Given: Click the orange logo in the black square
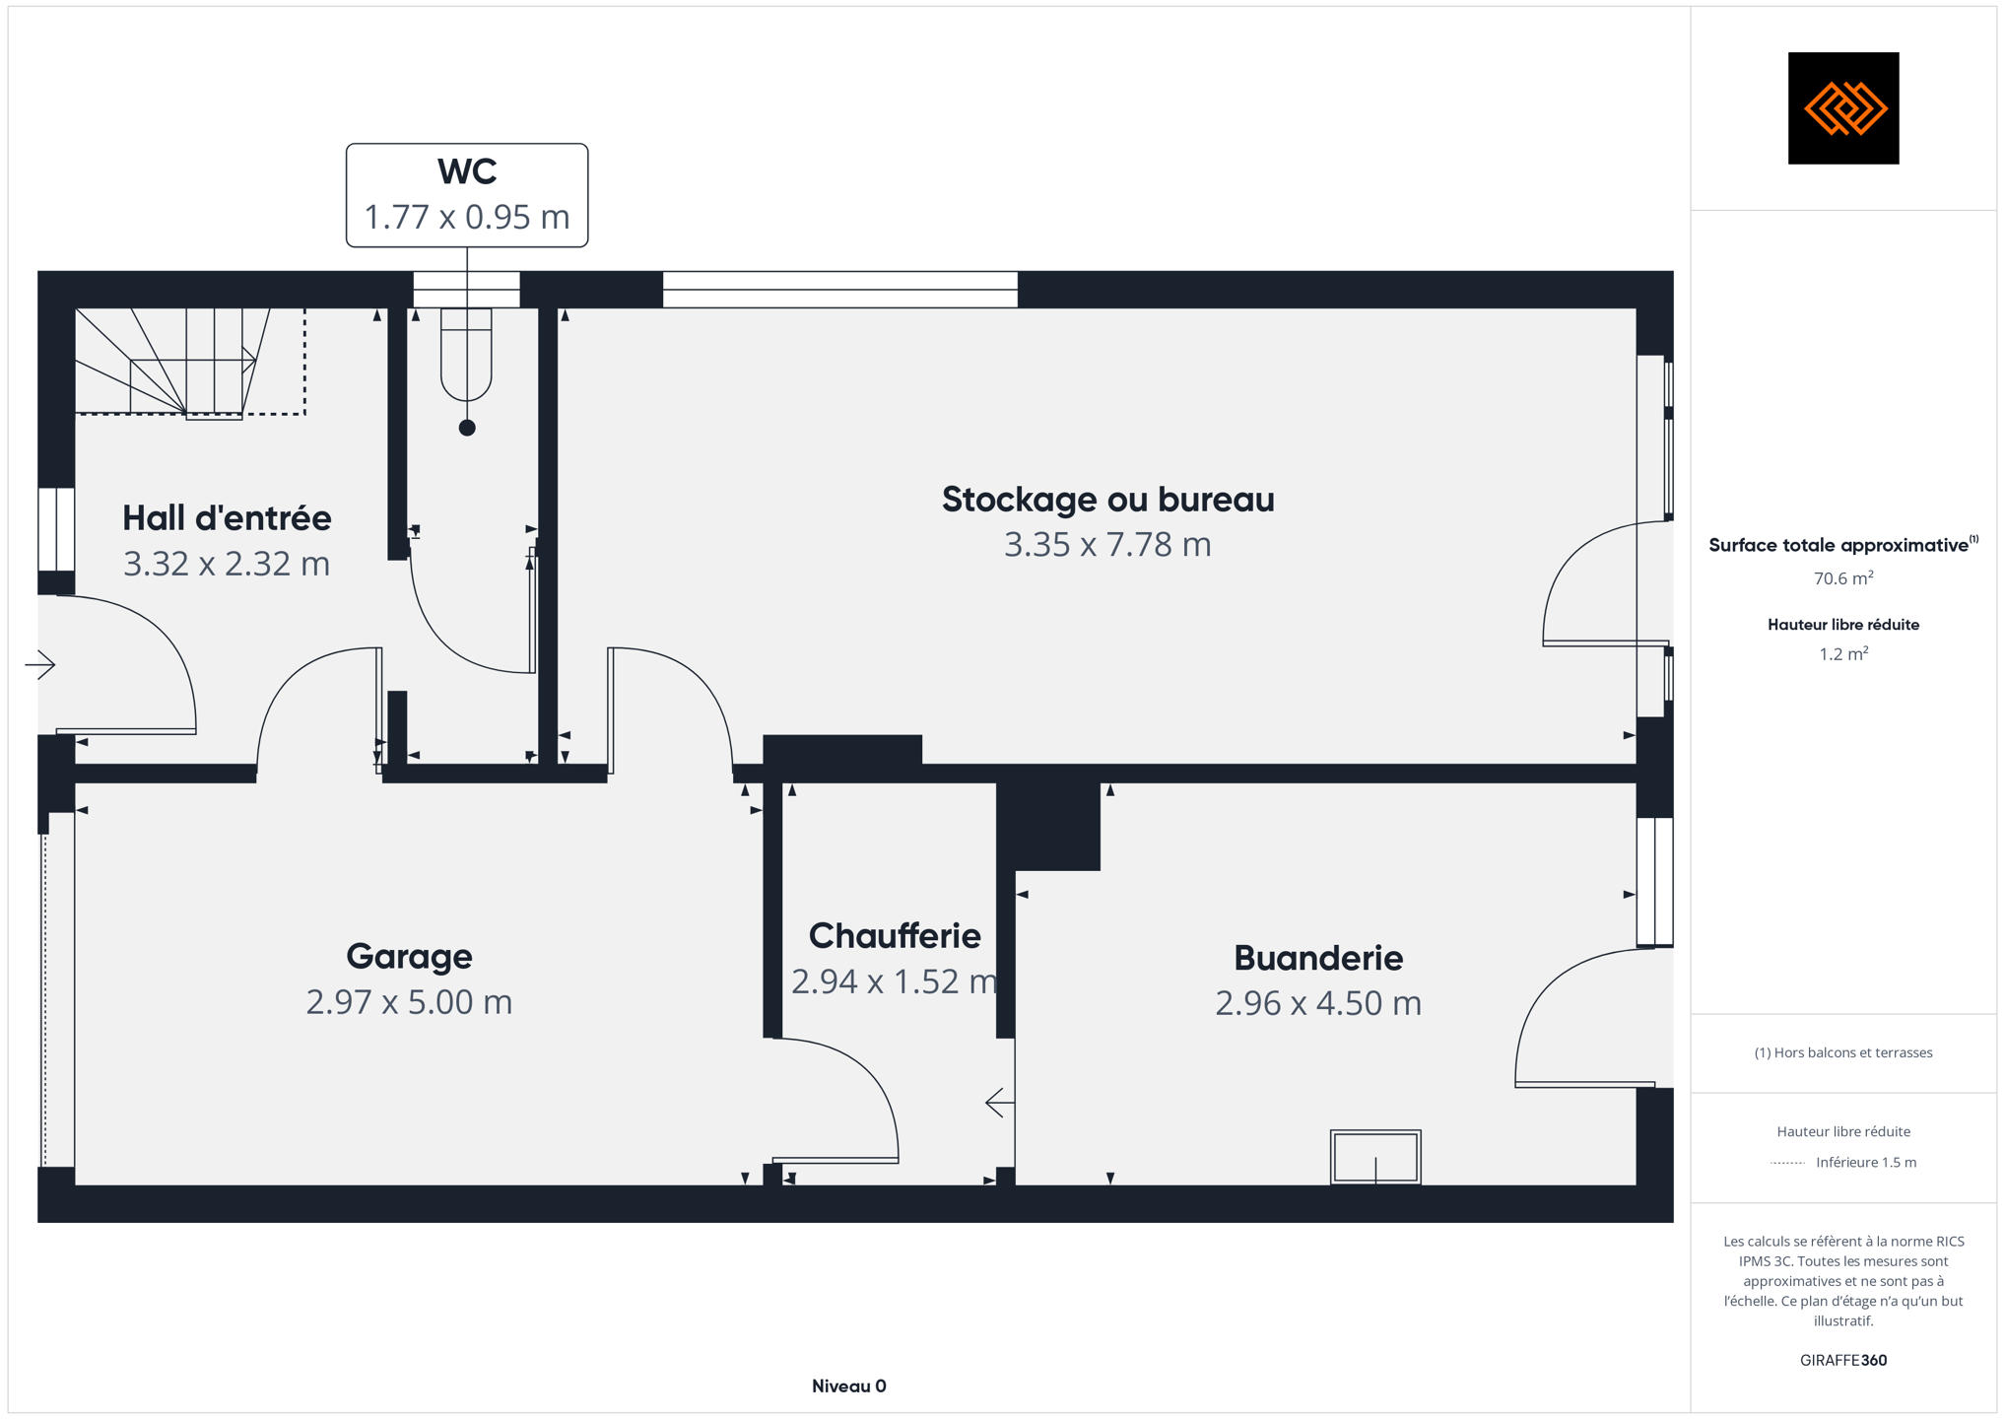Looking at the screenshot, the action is pos(1844,107).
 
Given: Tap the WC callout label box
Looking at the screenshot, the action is pos(467,195).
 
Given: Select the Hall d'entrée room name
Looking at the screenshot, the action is pos(227,517).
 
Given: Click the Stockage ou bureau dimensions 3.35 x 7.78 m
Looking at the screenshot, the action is pos(1107,544).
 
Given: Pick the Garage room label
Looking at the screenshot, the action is pos(409,956).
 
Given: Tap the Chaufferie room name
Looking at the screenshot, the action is pos(895,935).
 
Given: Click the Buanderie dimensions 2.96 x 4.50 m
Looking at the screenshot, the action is pos(1318,1002).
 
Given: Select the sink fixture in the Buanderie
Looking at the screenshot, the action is pos(1375,1157).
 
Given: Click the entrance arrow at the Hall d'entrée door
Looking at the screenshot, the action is pos(40,664).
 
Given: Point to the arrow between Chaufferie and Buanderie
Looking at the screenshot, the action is pos(1001,1103).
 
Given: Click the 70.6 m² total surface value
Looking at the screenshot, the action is pos(1843,577).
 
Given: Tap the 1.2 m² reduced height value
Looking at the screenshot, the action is pos(1843,653).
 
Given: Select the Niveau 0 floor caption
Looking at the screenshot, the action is pos(849,1385).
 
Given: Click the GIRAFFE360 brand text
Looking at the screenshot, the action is pos(1843,1360).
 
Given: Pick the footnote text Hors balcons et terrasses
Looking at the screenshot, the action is pos(1843,1052).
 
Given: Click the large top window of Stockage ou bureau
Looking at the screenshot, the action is pos(840,290).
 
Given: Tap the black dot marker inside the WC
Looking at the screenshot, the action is pos(467,428).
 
